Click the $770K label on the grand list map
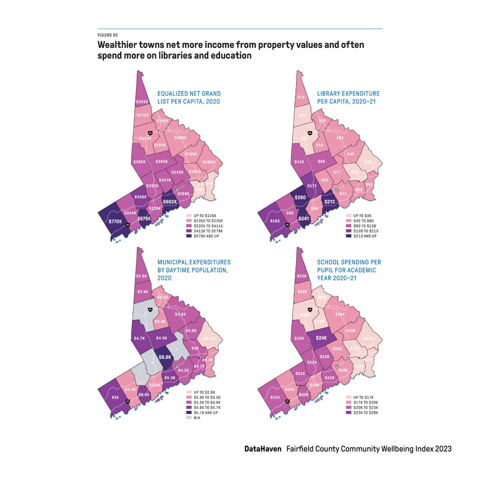pos(115,221)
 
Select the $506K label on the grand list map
pos(140,197)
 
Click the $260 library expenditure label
pos(300,197)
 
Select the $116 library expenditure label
pos(299,162)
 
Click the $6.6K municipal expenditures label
pos(165,357)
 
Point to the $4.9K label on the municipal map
pos(162,338)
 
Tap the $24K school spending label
pos(322,338)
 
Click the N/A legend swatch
pos(189,418)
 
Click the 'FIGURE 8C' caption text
pos(108,35)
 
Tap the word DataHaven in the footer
pos(263,449)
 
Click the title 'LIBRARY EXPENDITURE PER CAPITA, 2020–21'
pos(348,98)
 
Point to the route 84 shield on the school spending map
pos(310,310)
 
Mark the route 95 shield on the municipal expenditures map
pos(128,401)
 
